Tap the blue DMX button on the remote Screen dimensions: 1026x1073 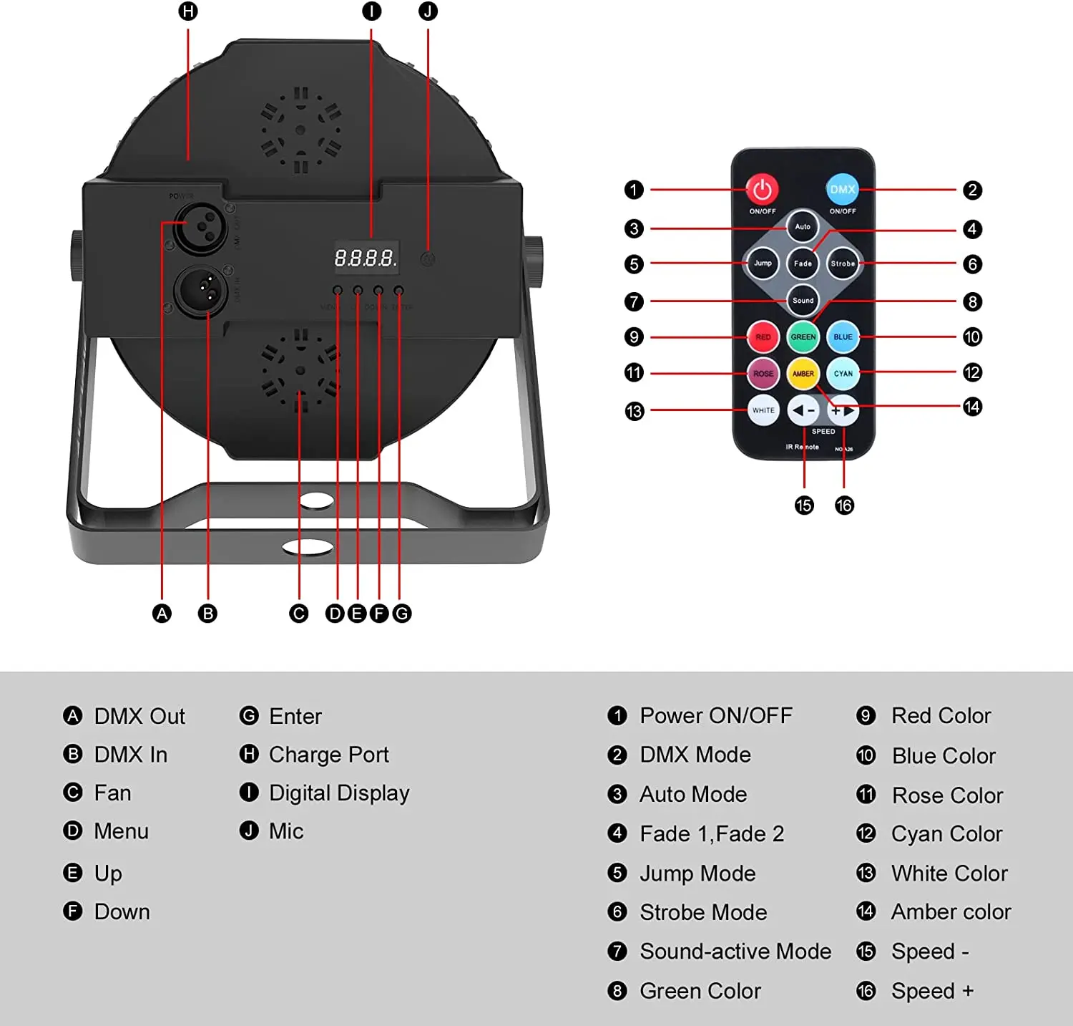click(x=842, y=189)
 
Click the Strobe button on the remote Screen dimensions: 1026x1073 click(x=843, y=263)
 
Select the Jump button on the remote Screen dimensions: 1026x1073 click(x=763, y=263)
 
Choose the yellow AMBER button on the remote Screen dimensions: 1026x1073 click(x=803, y=373)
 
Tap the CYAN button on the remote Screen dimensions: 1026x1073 click(x=843, y=373)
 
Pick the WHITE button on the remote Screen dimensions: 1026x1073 click(x=763, y=410)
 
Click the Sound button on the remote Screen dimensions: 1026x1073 click(x=803, y=301)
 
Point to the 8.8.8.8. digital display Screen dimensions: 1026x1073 click(x=366, y=258)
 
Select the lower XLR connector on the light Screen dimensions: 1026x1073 click(x=200, y=290)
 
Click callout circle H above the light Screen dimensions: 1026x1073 click(x=188, y=11)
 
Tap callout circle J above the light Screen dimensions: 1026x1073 click(x=428, y=11)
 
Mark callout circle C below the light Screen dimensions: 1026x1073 click(x=299, y=614)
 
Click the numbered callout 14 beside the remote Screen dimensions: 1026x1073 click(x=972, y=407)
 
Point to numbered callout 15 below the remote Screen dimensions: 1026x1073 click(x=804, y=505)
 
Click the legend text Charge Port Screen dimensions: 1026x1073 click(x=328, y=755)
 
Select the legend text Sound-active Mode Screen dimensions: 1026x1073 click(x=735, y=952)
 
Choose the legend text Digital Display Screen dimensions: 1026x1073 click(x=339, y=793)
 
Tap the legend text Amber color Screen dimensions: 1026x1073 click(x=951, y=912)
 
